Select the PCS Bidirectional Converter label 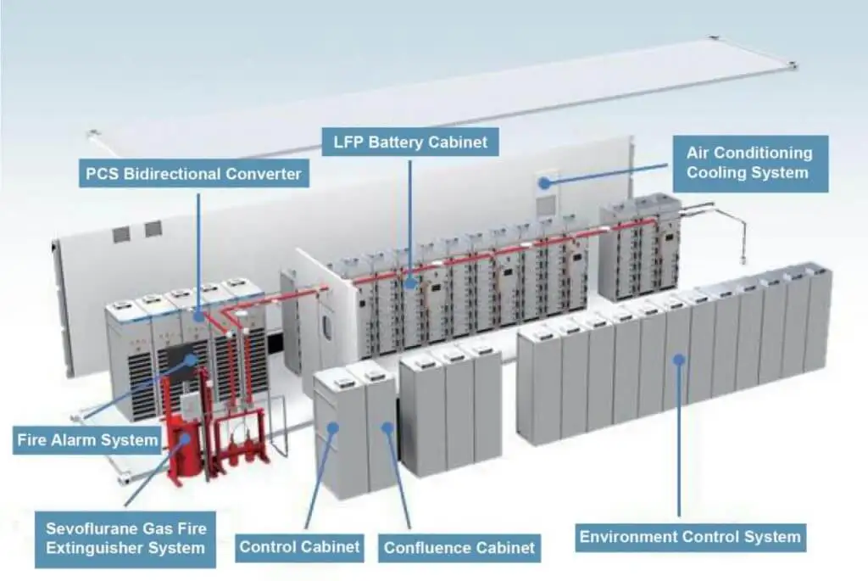193,175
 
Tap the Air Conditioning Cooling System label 749,163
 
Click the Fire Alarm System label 88,440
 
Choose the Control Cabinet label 300,546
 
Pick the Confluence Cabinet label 459,548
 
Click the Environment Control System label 689,537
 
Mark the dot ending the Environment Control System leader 678,360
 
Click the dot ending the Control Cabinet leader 333,427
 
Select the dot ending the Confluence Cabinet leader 387,427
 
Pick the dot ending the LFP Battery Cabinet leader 409,284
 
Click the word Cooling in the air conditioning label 718,172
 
